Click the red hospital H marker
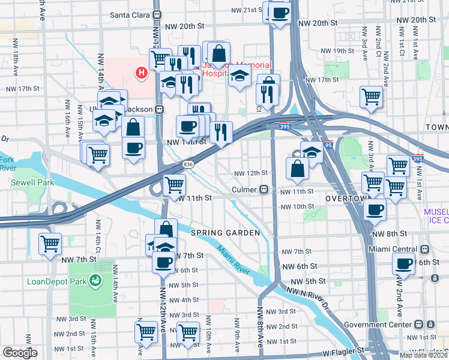click(x=142, y=73)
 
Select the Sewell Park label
click(x=35, y=182)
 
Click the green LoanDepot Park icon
click(x=95, y=280)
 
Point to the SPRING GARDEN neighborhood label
click(x=225, y=233)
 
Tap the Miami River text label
click(x=232, y=260)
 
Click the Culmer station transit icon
click(x=264, y=190)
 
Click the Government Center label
click(x=384, y=324)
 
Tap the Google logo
click(x=20, y=353)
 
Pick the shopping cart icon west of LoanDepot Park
click(x=50, y=243)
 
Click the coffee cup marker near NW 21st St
click(x=280, y=12)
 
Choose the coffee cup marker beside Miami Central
click(x=403, y=262)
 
